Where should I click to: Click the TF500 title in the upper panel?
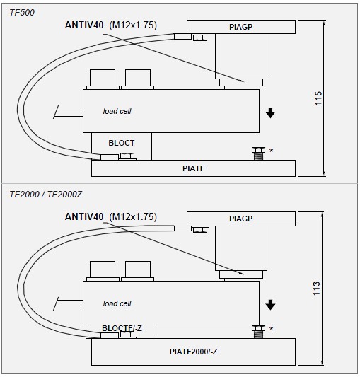click(22, 13)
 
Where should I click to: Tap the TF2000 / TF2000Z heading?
click(46, 194)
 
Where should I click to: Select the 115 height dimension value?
click(318, 98)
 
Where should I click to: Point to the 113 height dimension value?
click(316, 289)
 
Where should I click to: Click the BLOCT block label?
click(122, 143)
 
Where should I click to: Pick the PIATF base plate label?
click(193, 168)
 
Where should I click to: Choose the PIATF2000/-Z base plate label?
click(193, 352)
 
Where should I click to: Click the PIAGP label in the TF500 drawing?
click(240, 27)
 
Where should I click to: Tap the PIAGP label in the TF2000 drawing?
click(240, 219)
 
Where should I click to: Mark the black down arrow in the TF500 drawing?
click(270, 113)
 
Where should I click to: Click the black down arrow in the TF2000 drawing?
click(270, 305)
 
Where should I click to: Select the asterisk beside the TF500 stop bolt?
click(272, 151)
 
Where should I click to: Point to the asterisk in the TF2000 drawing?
click(272, 329)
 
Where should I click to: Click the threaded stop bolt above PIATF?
click(258, 153)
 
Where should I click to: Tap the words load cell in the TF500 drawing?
click(117, 111)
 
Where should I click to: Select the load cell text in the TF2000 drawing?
click(117, 303)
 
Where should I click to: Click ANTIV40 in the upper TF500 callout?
click(84, 25)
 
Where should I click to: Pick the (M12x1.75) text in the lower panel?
click(133, 217)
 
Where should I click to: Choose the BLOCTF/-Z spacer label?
click(122, 328)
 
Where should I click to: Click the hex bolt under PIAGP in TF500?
click(200, 37)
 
